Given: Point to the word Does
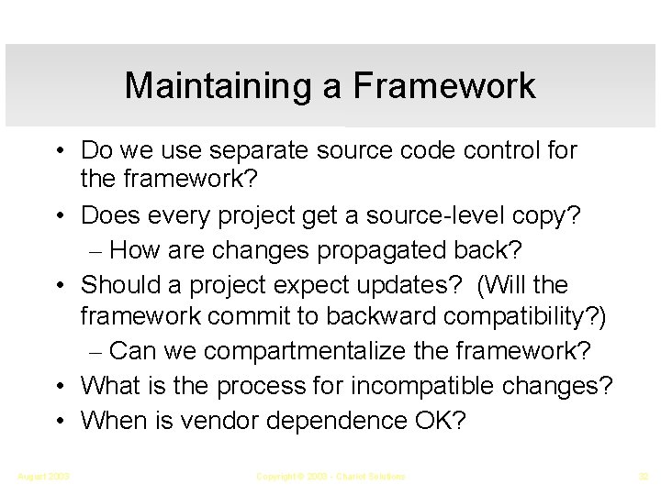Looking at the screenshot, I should [112, 215].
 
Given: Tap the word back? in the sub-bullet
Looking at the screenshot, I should [482, 250].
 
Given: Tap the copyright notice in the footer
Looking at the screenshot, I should [330, 476].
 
